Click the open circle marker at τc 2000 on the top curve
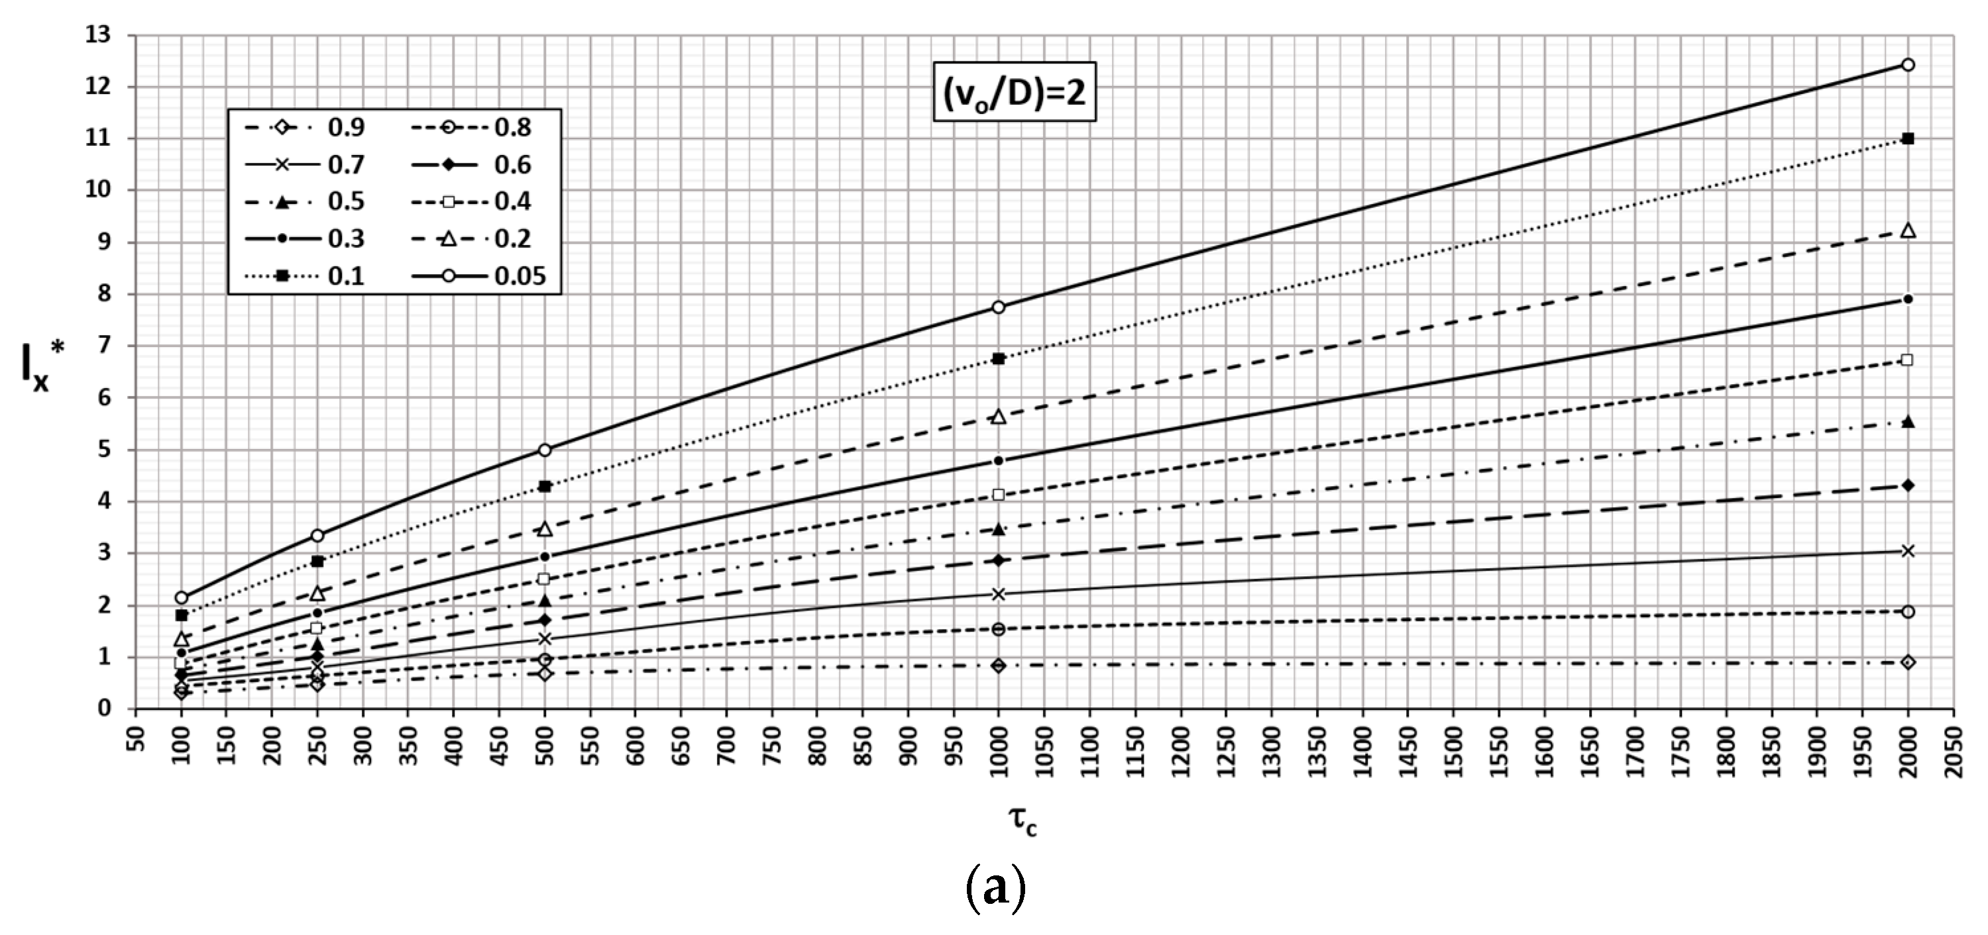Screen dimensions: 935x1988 pos(1908,65)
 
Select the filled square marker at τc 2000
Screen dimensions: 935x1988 pos(1908,139)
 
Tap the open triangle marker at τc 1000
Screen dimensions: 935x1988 pos(999,417)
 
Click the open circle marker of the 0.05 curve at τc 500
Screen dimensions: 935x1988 pos(545,450)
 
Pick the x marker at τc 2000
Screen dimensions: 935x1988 pos(1908,551)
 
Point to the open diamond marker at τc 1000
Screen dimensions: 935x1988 pos(999,665)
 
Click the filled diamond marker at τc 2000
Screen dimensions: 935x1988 pos(1908,485)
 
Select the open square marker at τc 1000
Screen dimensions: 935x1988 pos(999,495)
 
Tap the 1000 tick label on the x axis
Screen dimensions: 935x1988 pos(999,742)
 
